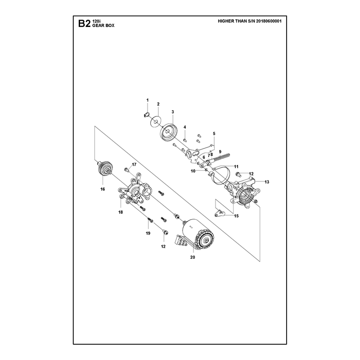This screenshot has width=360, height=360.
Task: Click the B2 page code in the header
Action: pos(84,23)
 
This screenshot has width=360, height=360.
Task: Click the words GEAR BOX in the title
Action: pos(103,26)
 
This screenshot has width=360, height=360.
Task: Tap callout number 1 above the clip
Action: pos(148,100)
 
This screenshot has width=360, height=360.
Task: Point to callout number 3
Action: pos(173,112)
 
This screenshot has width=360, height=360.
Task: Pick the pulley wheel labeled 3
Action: pos(168,132)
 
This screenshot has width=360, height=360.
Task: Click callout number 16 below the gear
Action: pos(103,189)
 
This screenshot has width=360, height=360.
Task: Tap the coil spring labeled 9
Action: pos(221,158)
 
